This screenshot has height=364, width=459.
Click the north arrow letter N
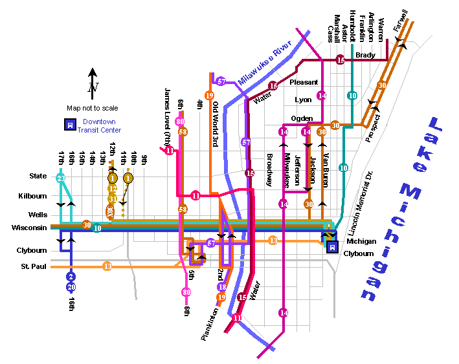tap(93, 88)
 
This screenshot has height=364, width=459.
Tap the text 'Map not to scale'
tap(93, 108)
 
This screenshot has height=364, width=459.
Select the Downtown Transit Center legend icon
tap(68, 125)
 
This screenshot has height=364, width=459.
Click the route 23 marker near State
tap(61, 178)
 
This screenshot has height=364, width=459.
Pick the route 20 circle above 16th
tap(71, 287)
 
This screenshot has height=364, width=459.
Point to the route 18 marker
tap(222, 287)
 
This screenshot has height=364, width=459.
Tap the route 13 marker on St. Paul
tap(107, 266)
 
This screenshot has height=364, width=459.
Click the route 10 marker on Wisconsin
tap(97, 228)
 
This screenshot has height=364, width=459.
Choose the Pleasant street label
tap(304, 82)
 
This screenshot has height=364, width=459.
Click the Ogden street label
tap(302, 118)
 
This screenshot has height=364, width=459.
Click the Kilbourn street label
tap(34, 195)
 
